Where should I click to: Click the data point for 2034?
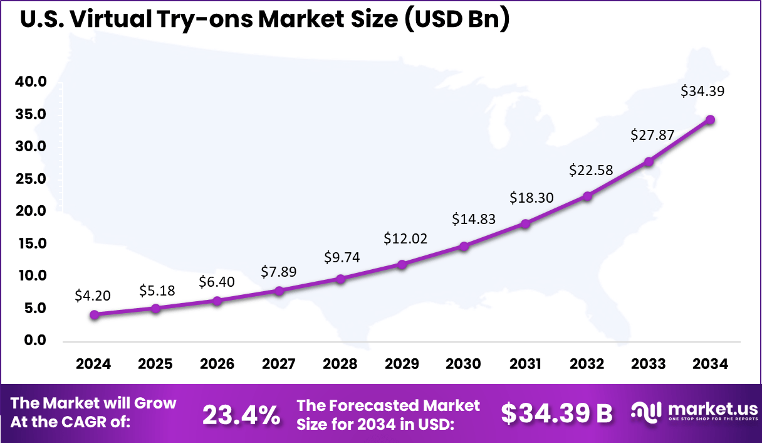tap(710, 120)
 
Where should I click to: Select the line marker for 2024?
tap(94, 315)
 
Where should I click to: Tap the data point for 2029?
tap(402, 265)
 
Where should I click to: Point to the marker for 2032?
tap(587, 196)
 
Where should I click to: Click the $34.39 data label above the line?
tap(702, 92)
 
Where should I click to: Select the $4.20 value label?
tap(93, 295)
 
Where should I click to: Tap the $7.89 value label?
tap(278, 272)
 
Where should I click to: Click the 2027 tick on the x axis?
tap(279, 364)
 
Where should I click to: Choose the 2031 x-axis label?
tap(525, 364)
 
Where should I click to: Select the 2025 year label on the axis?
tap(155, 364)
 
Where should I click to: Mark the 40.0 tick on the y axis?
tap(31, 82)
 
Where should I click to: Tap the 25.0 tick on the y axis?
tap(31, 179)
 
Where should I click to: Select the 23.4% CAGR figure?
tap(241, 414)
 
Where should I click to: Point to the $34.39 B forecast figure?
tap(557, 414)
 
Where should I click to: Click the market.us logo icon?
tap(646, 412)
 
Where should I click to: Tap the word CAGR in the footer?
tap(102, 422)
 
